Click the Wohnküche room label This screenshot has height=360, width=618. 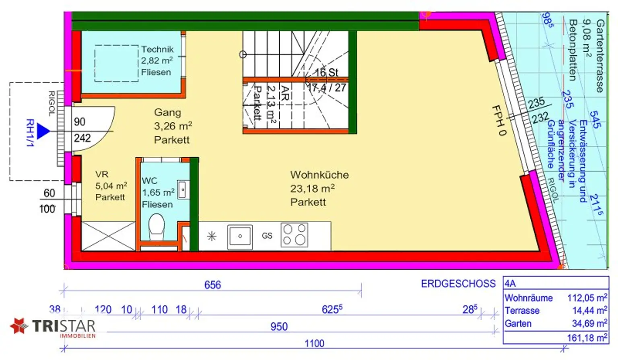(x=319, y=175)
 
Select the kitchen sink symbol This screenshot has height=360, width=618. (x=240, y=237)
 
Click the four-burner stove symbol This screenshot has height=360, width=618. (x=294, y=235)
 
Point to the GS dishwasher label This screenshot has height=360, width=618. (x=267, y=236)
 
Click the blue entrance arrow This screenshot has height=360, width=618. (x=43, y=131)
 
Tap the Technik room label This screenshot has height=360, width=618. (x=157, y=49)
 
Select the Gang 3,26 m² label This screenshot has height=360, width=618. (x=172, y=126)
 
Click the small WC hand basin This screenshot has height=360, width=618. (x=182, y=189)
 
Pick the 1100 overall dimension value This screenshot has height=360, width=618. (x=314, y=344)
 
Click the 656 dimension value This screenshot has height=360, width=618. (x=212, y=285)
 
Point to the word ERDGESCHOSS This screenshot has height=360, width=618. (x=458, y=284)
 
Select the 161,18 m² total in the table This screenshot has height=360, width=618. (x=587, y=338)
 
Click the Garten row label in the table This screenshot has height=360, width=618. (x=518, y=324)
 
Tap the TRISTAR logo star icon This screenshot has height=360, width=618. (x=19, y=325)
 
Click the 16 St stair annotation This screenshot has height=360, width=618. (x=326, y=72)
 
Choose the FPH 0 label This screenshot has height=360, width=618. (x=499, y=120)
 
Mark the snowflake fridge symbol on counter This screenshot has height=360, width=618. (x=212, y=236)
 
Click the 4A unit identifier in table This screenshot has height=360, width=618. (x=510, y=284)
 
